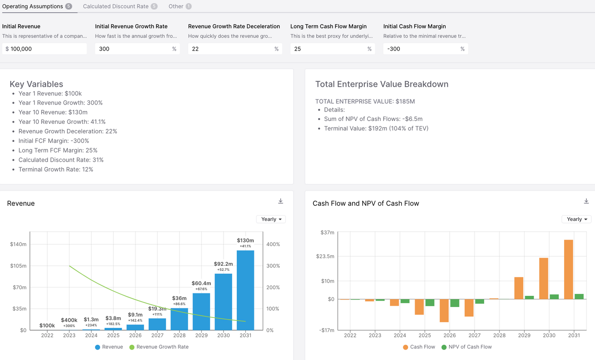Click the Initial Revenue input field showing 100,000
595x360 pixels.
click(44, 49)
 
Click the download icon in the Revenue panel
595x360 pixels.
click(280, 201)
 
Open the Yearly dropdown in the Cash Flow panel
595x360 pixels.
click(576, 219)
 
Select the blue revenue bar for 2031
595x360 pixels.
click(245, 290)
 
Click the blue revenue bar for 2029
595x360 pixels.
click(201, 311)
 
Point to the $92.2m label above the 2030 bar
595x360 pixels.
click(223, 264)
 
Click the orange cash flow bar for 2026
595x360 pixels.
click(444, 310)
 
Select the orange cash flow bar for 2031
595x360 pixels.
click(568, 269)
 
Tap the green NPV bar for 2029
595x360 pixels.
click(529, 297)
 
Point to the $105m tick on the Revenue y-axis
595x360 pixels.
click(18, 266)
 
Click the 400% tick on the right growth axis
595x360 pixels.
click(273, 244)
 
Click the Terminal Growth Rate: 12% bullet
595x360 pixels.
click(56, 170)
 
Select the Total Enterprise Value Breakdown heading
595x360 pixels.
click(382, 84)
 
